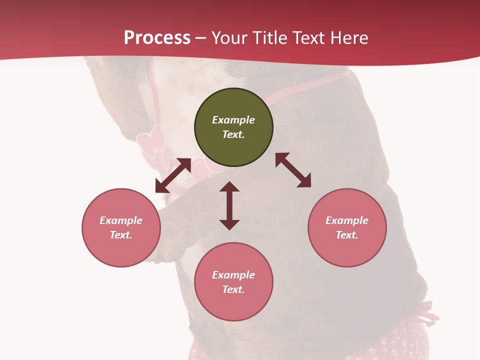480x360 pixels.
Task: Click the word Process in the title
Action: tap(157, 38)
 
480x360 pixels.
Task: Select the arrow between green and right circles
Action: tap(293, 170)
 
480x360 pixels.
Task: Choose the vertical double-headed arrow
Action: tap(229, 205)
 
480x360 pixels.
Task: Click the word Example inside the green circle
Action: tap(233, 120)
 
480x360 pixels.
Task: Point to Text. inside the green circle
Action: tap(233, 134)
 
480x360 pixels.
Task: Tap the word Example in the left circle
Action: tap(121, 220)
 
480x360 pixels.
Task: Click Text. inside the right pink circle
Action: tap(347, 235)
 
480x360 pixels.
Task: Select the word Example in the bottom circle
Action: tap(233, 275)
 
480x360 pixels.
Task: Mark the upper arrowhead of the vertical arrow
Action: tap(229, 186)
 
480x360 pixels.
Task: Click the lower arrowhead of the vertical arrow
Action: tap(229, 224)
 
